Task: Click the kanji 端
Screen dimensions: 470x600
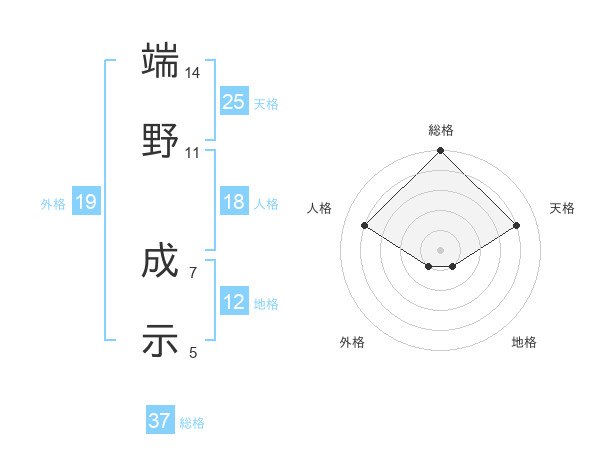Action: coord(161,61)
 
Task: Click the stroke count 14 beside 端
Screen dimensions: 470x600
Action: coord(193,73)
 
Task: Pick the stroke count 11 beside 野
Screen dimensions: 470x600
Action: coord(193,152)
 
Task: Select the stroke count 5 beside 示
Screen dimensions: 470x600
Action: coord(193,352)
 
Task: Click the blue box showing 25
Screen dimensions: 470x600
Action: coord(234,101)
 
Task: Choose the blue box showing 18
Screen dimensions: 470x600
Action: coord(234,202)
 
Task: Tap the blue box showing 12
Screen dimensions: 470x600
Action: coord(234,302)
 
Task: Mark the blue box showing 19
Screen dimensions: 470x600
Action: coord(86,202)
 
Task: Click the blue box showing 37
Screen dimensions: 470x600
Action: coord(160,421)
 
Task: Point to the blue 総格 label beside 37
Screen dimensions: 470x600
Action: coord(192,423)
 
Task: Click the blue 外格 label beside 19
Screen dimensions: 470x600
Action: coord(53,204)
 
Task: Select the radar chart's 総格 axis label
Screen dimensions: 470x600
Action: coord(441,130)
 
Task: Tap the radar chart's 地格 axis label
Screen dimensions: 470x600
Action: coord(524,342)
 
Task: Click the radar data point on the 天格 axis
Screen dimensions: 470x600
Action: coord(517,226)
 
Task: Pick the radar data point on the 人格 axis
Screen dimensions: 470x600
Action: coord(365,226)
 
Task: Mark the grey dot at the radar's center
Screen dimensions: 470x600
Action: coord(441,249)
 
